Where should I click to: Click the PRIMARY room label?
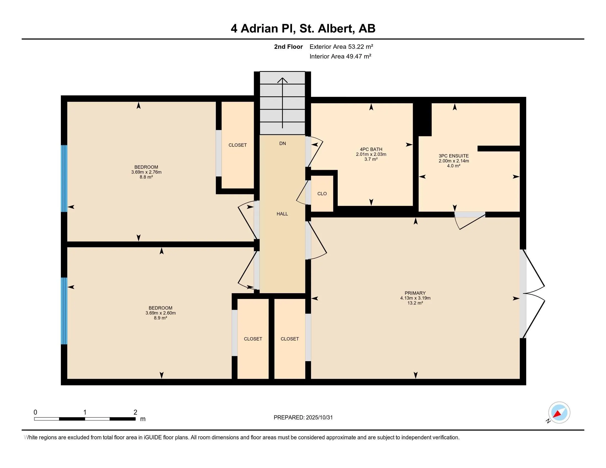[415, 293]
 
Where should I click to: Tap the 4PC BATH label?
[371, 149]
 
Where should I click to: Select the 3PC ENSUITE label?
[453, 156]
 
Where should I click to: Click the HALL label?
[282, 214]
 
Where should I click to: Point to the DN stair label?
[282, 143]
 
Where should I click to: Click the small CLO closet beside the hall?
[322, 194]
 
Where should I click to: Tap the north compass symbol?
[559, 412]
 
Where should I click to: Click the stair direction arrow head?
[282, 80]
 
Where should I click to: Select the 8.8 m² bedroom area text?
[146, 177]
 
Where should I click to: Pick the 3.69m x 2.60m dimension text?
[160, 313]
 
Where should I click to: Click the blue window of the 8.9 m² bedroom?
[64, 311]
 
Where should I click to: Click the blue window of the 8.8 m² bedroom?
[64, 178]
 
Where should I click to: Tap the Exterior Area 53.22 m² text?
[341, 47]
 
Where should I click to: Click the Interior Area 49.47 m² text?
[340, 56]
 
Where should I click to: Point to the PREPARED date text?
[303, 417]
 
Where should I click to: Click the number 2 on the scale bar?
[135, 412]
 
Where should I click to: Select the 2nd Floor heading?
[288, 47]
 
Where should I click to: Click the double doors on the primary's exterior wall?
[533, 294]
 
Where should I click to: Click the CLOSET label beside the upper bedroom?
[237, 145]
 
